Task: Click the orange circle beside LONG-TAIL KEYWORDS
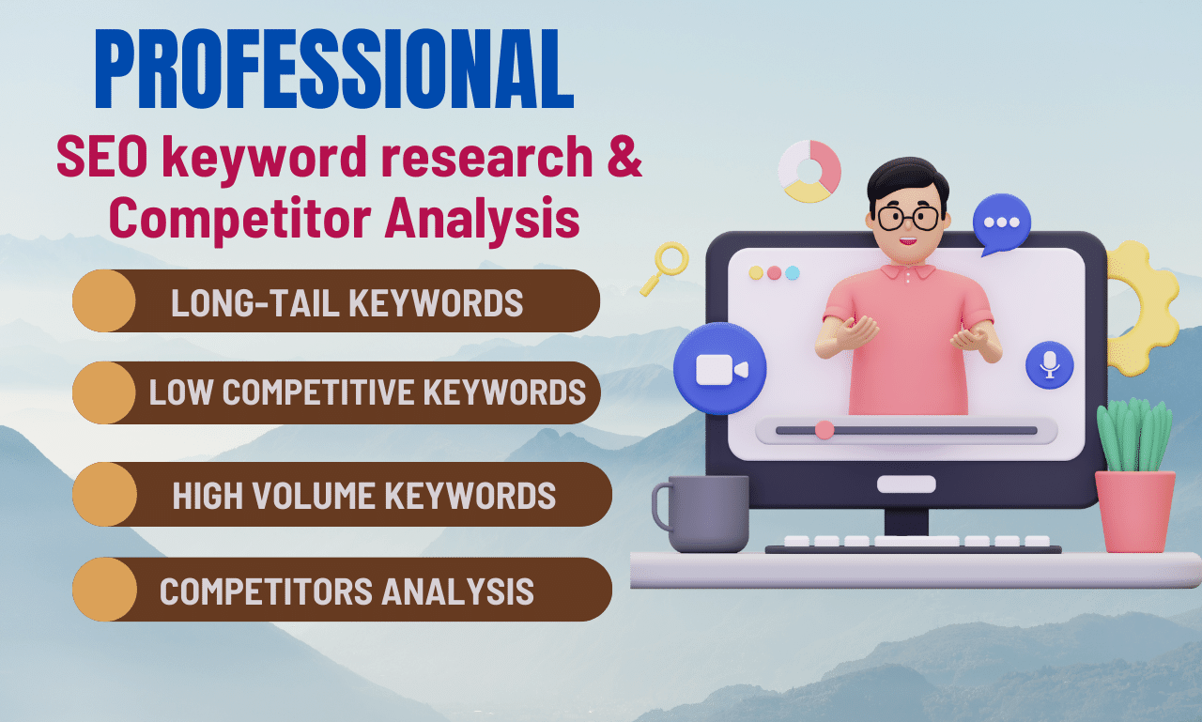(x=104, y=300)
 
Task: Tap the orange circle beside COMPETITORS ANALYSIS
(x=104, y=590)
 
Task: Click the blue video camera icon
(x=720, y=369)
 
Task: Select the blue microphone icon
(x=1049, y=364)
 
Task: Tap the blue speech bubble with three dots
(x=1001, y=224)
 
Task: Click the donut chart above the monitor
(x=809, y=171)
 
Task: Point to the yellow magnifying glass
(x=667, y=265)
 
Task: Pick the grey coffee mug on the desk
(x=704, y=514)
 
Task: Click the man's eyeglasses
(x=908, y=219)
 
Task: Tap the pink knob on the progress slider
(x=824, y=430)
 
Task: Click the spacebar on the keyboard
(x=917, y=541)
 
